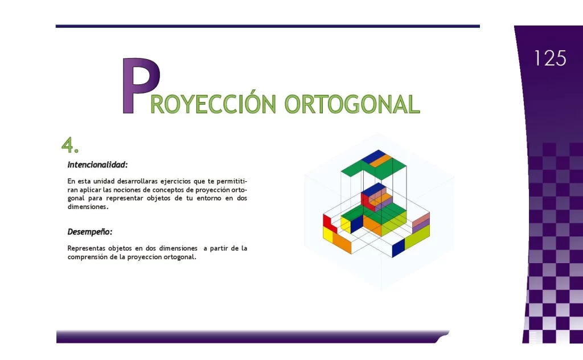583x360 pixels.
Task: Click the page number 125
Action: point(550,58)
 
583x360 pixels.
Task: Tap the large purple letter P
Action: point(139,85)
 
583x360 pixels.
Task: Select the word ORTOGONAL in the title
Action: point(351,104)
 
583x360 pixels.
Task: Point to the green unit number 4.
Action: point(69,146)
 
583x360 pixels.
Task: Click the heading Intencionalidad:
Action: point(97,165)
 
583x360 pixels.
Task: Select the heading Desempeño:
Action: point(90,232)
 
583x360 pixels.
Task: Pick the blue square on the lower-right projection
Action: point(398,247)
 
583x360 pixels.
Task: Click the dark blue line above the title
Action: point(268,26)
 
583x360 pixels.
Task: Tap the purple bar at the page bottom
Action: point(251,337)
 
